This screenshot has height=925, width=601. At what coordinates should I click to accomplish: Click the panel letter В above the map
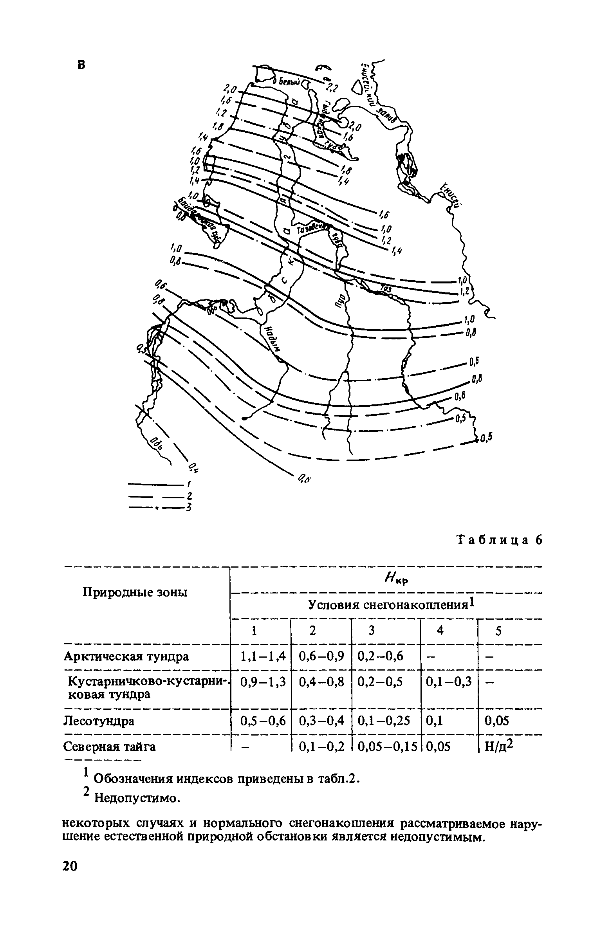(x=81, y=65)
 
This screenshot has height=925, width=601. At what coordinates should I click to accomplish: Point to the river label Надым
(x=273, y=339)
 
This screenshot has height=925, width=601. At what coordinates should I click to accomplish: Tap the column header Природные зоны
(x=135, y=593)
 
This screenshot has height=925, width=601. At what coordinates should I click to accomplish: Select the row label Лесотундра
(x=99, y=721)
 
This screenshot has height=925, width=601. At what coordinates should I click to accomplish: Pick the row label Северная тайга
(x=109, y=747)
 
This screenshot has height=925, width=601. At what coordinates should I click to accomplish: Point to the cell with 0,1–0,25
(x=384, y=721)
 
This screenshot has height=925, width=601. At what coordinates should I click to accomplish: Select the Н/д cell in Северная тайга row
(x=498, y=747)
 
